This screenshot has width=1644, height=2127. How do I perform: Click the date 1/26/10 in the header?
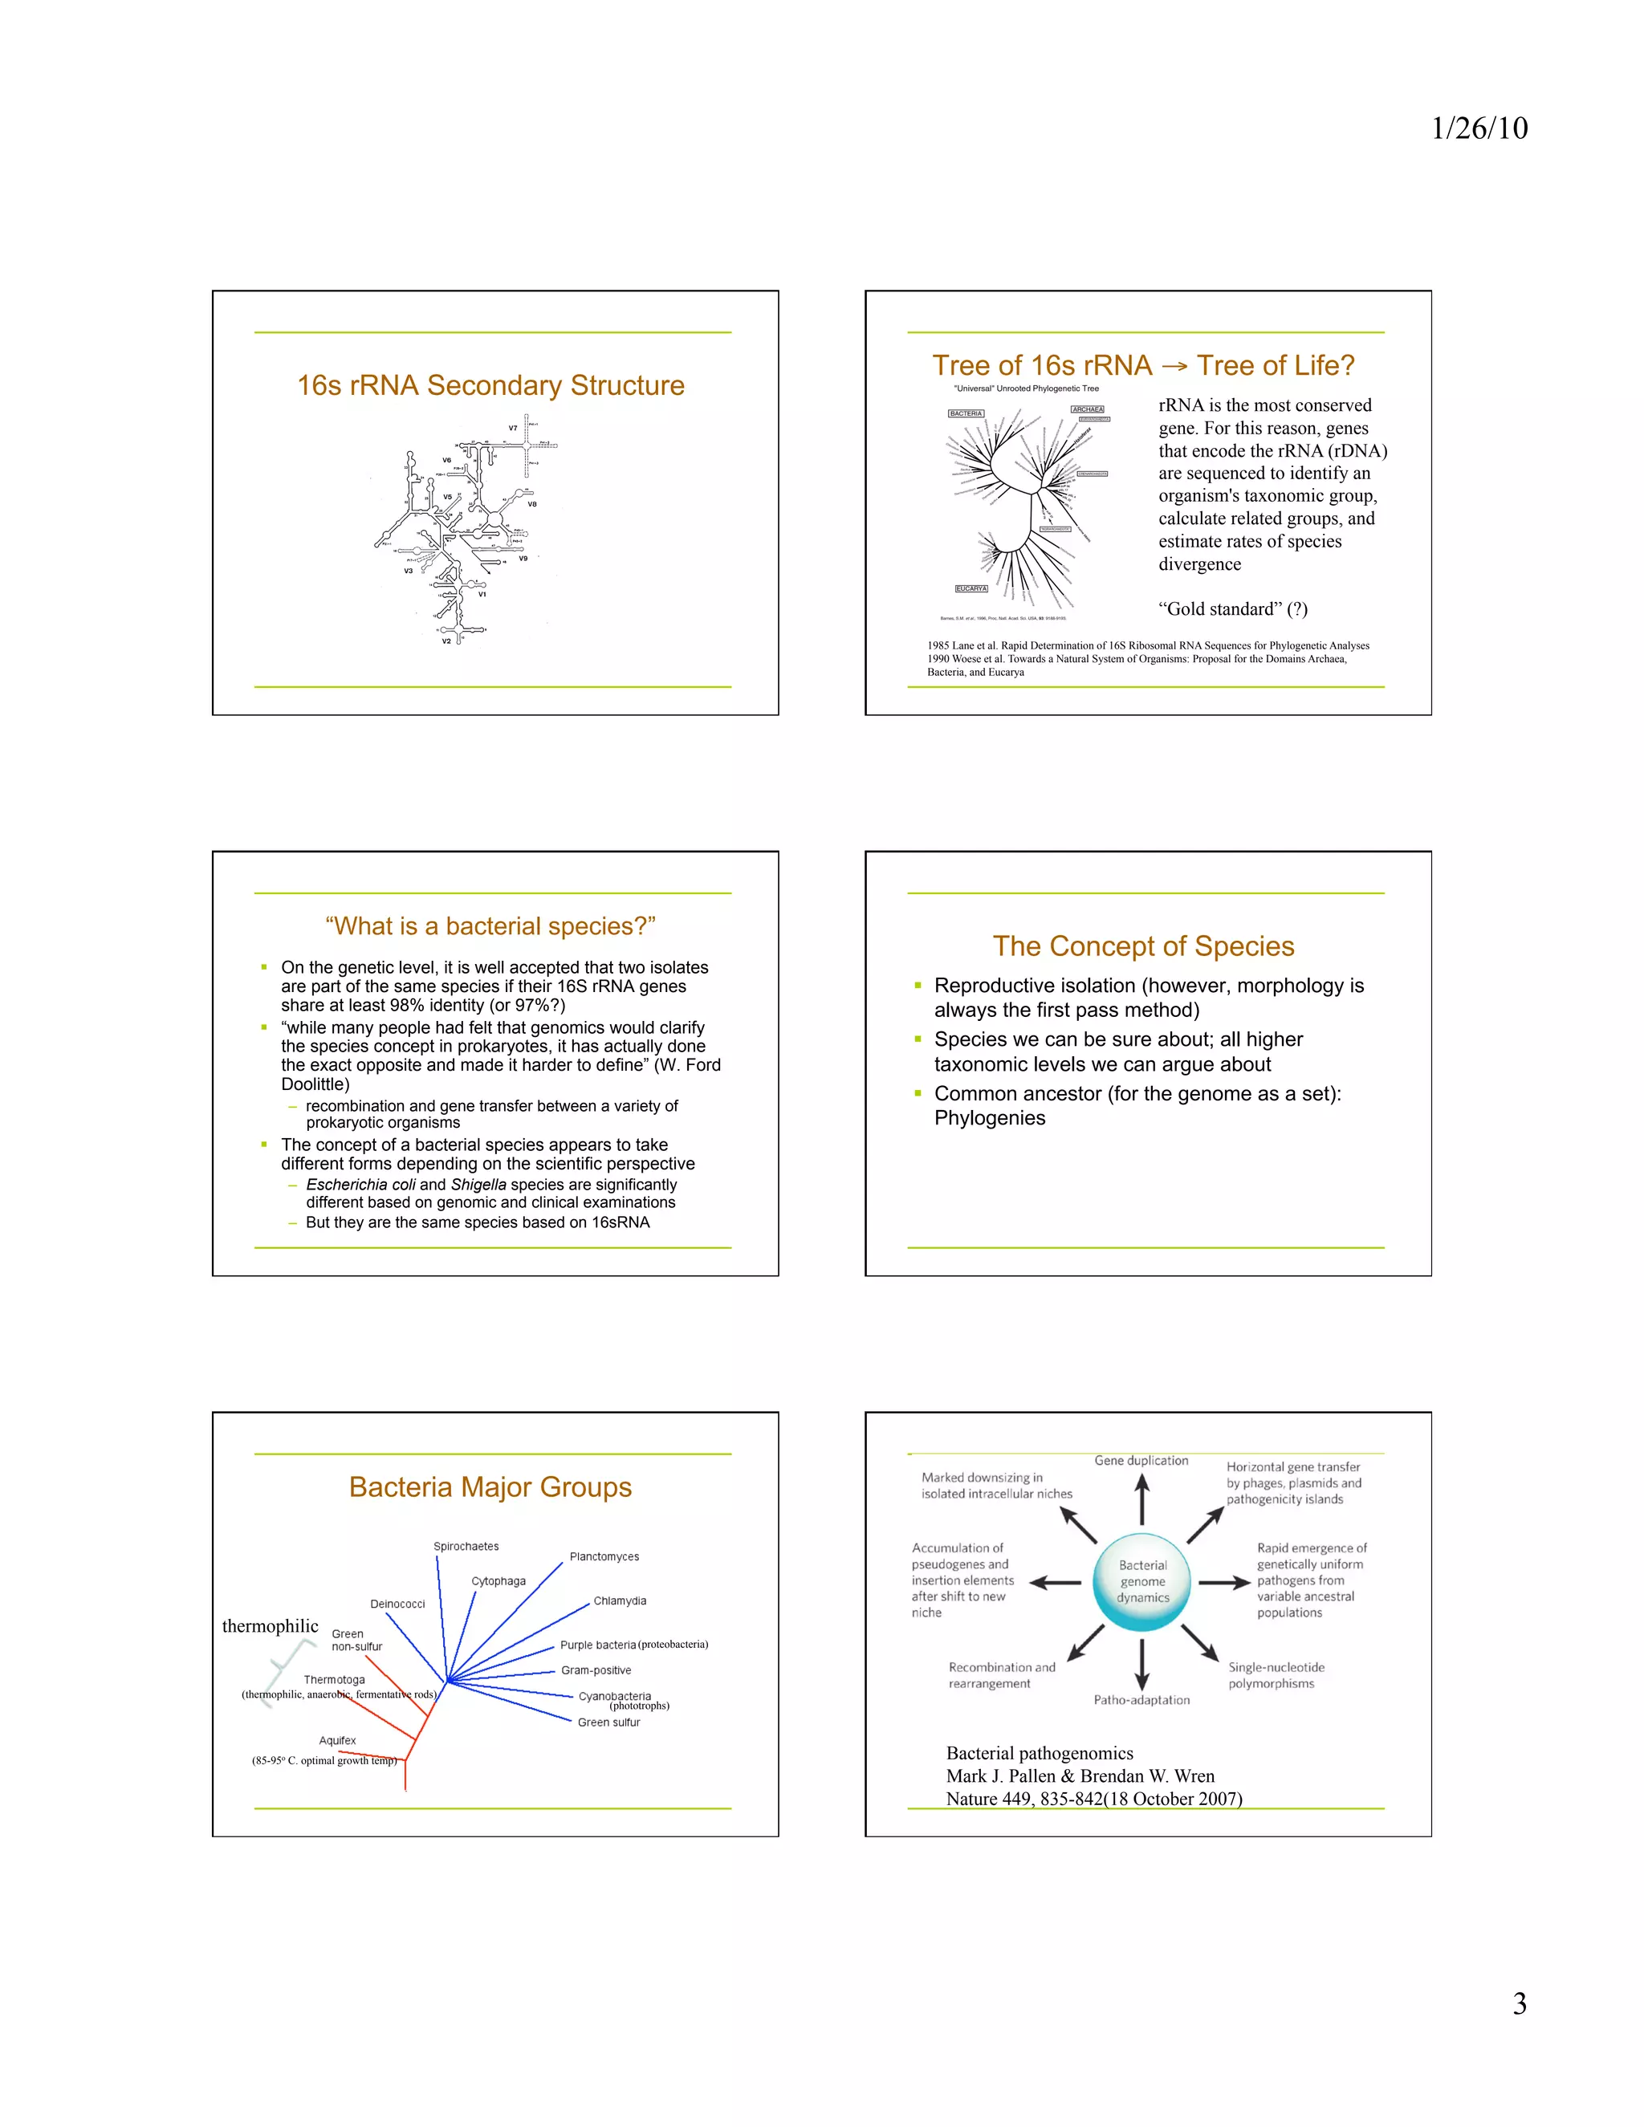click(x=1479, y=128)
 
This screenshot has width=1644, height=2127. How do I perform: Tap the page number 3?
click(x=1518, y=2003)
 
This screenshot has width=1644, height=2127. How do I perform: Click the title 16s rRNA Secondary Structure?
click(x=490, y=385)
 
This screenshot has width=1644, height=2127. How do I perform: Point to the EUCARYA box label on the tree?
click(x=971, y=589)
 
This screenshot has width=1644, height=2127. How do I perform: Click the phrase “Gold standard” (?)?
click(x=1232, y=608)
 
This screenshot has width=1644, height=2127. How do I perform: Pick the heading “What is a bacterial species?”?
click(x=490, y=926)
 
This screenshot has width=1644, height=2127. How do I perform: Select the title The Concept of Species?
click(x=1143, y=946)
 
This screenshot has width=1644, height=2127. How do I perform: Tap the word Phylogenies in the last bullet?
click(x=990, y=1118)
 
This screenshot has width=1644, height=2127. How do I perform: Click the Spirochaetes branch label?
click(x=466, y=1547)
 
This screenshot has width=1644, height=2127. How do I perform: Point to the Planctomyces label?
click(x=604, y=1556)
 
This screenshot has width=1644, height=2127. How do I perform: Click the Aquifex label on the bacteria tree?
click(x=337, y=1740)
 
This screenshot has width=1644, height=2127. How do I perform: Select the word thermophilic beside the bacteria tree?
click(x=270, y=1626)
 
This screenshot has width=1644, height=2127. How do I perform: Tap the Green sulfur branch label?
click(x=608, y=1722)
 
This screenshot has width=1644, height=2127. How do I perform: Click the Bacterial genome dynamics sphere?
click(x=1142, y=1582)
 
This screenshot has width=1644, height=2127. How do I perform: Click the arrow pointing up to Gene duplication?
click(x=1142, y=1500)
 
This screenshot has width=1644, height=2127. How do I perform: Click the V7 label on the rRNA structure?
click(x=512, y=429)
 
